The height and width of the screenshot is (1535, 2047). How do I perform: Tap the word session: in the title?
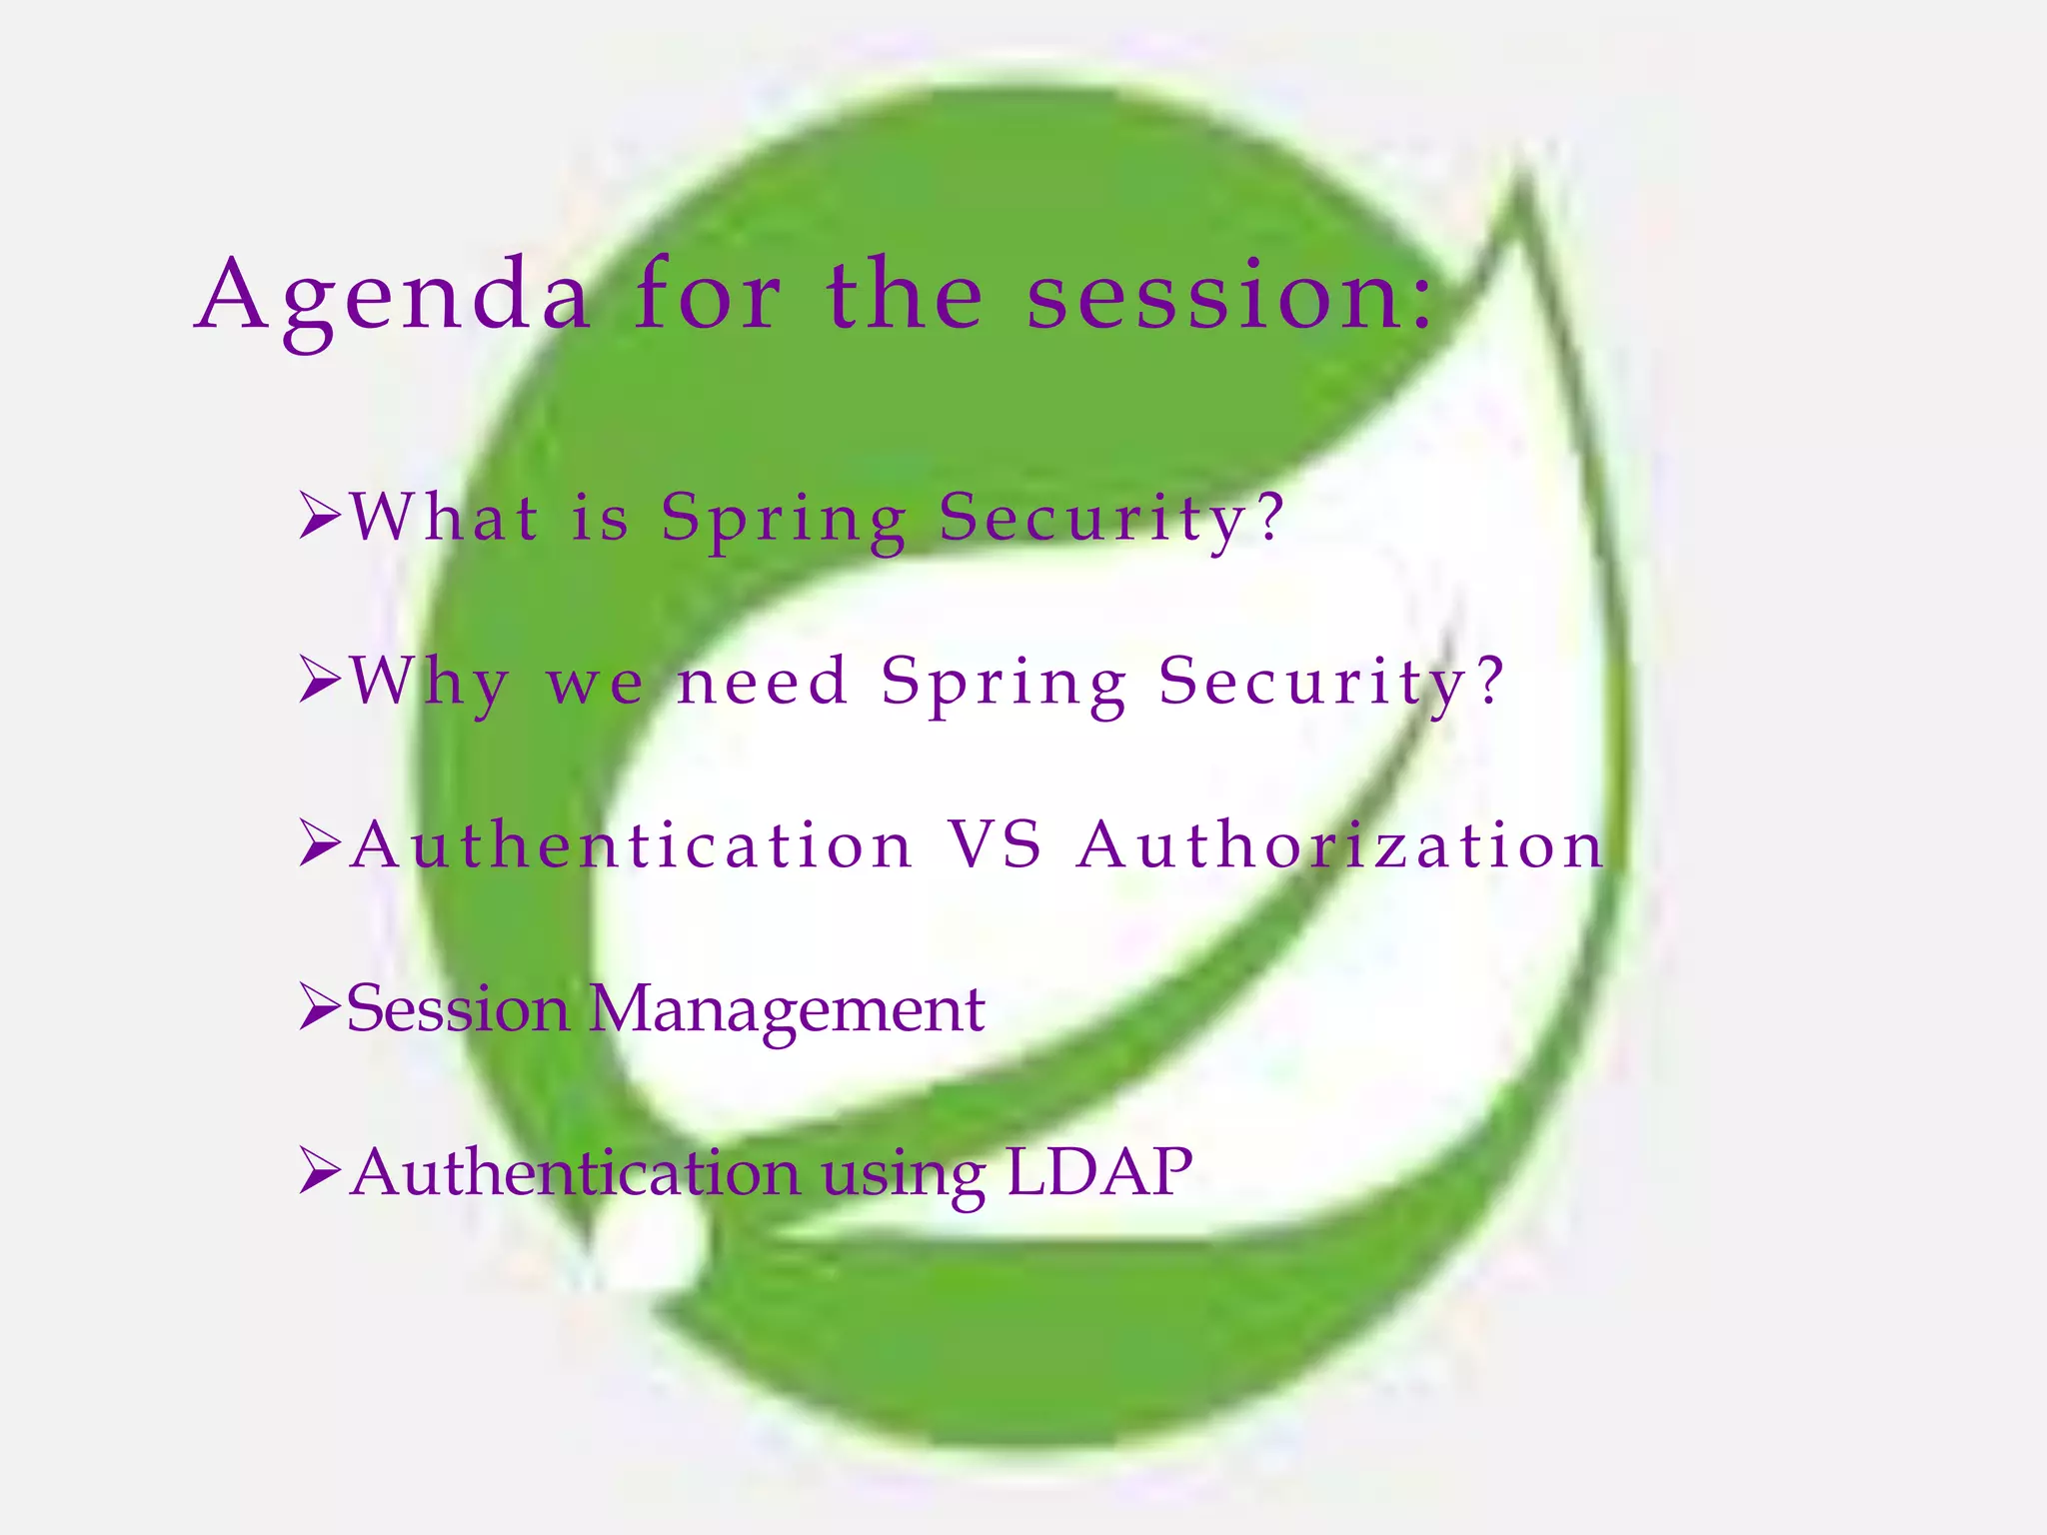[x=1230, y=296]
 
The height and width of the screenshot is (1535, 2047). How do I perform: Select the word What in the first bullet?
[x=445, y=518]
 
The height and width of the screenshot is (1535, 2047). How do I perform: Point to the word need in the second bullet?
[x=763, y=682]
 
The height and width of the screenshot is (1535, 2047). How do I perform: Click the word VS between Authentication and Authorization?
[x=995, y=844]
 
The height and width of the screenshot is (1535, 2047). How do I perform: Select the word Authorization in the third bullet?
[x=1340, y=844]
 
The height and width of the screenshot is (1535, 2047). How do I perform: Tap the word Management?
[x=787, y=1009]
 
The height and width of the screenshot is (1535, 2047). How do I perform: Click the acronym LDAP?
[x=1098, y=1171]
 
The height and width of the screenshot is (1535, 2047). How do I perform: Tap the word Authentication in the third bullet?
[x=632, y=844]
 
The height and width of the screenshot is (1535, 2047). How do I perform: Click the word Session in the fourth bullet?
[x=458, y=1009]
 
